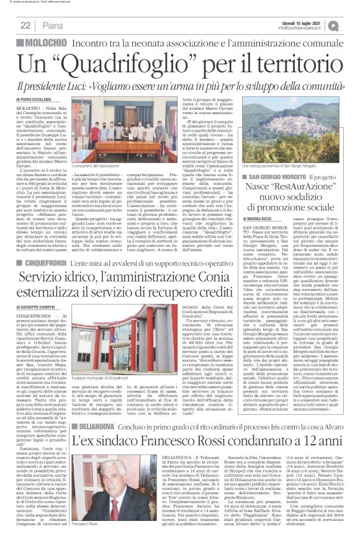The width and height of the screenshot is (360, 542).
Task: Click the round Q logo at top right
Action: (352, 24)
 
